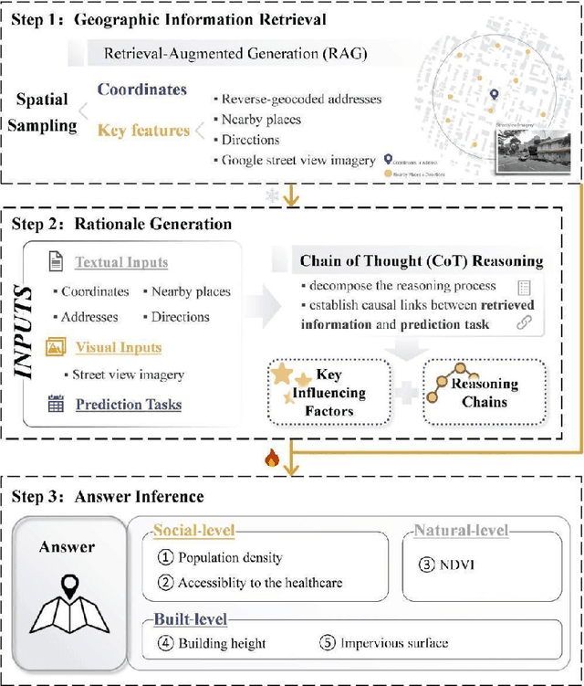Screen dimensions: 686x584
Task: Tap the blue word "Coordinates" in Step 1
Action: [x=141, y=90]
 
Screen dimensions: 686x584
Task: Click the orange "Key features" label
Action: [x=143, y=131]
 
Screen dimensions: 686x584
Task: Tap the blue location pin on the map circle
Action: [x=494, y=94]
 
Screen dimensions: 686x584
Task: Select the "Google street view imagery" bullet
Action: [x=297, y=160]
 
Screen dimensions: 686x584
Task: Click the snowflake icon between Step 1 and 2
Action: [x=270, y=196]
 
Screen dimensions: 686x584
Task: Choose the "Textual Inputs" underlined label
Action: [x=121, y=262]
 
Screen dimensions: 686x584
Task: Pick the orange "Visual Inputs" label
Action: [x=118, y=347]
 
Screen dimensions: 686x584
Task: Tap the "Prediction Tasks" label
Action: [x=128, y=404]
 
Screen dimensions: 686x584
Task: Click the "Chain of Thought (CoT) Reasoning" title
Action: [x=421, y=261]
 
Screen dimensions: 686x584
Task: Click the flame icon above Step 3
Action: [x=270, y=459]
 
